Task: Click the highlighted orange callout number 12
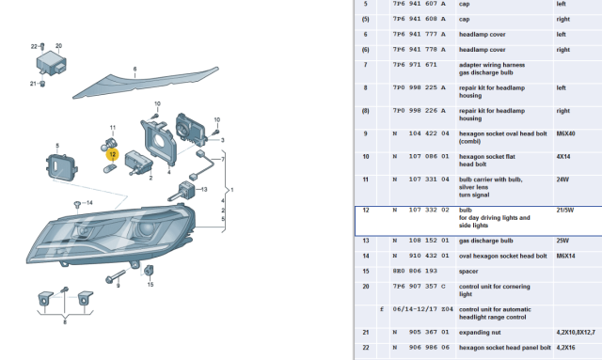coord(112,153)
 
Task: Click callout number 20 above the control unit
coord(58,45)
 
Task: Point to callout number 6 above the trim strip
coord(135,69)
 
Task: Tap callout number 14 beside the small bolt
coord(89,202)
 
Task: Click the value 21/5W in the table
coord(564,211)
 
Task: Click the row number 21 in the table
coord(366,332)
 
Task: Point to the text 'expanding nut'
coord(481,332)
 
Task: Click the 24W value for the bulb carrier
coord(562,179)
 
